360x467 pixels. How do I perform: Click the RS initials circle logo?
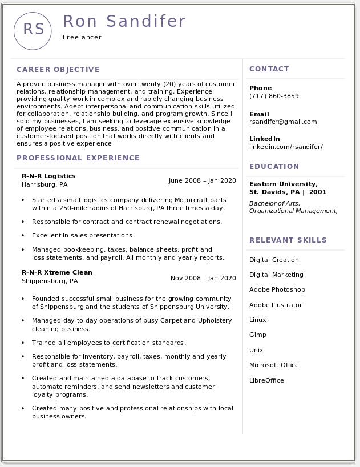point(33,30)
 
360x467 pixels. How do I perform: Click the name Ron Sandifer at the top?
point(124,21)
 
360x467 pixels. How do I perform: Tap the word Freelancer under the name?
point(82,38)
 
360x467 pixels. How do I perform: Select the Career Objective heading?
point(58,70)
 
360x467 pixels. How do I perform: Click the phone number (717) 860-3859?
point(274,96)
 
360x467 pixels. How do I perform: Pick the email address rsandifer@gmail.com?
point(283,122)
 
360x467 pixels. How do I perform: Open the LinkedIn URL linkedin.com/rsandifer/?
point(286,147)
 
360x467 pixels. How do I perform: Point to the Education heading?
point(274,167)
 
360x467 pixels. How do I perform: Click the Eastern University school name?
point(283,184)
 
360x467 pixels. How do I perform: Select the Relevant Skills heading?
point(288,240)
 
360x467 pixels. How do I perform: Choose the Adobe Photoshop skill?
point(277,289)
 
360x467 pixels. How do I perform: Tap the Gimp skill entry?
point(258,335)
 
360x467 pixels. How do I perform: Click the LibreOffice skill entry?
point(266,380)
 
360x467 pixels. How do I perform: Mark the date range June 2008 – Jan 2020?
point(202,180)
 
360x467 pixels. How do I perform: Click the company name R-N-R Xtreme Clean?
point(57,272)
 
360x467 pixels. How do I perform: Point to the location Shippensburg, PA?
point(50,281)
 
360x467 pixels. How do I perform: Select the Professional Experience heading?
point(78,158)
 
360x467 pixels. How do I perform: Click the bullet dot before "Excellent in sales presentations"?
point(23,236)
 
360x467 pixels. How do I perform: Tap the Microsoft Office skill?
point(274,365)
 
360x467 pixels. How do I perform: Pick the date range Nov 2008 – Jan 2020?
point(203,278)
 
